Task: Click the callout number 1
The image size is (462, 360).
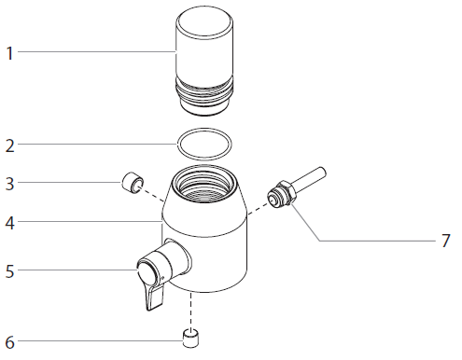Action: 10,53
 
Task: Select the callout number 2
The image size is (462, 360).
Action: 10,145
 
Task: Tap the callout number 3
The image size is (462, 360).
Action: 10,183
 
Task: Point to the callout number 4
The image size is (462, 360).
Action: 10,223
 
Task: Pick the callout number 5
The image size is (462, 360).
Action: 10,271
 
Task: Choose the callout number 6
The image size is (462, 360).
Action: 10,341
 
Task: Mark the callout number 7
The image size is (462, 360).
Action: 445,241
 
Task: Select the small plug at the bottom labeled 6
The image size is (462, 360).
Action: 191,337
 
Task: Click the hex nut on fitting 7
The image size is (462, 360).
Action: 277,197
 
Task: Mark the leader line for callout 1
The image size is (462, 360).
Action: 93,53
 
